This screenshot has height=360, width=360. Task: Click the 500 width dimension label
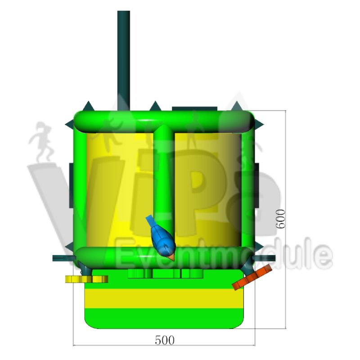[165, 340]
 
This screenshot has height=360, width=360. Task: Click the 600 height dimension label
[280, 219]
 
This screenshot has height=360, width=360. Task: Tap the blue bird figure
[162, 238]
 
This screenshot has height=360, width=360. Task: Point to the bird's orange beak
[171, 257]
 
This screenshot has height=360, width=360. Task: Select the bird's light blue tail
[150, 221]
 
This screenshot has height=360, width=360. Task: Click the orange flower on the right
[252, 277]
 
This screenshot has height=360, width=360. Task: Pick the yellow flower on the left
[86, 279]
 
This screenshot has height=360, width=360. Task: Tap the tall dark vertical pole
[123, 61]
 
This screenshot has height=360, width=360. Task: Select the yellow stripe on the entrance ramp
[164, 298]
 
